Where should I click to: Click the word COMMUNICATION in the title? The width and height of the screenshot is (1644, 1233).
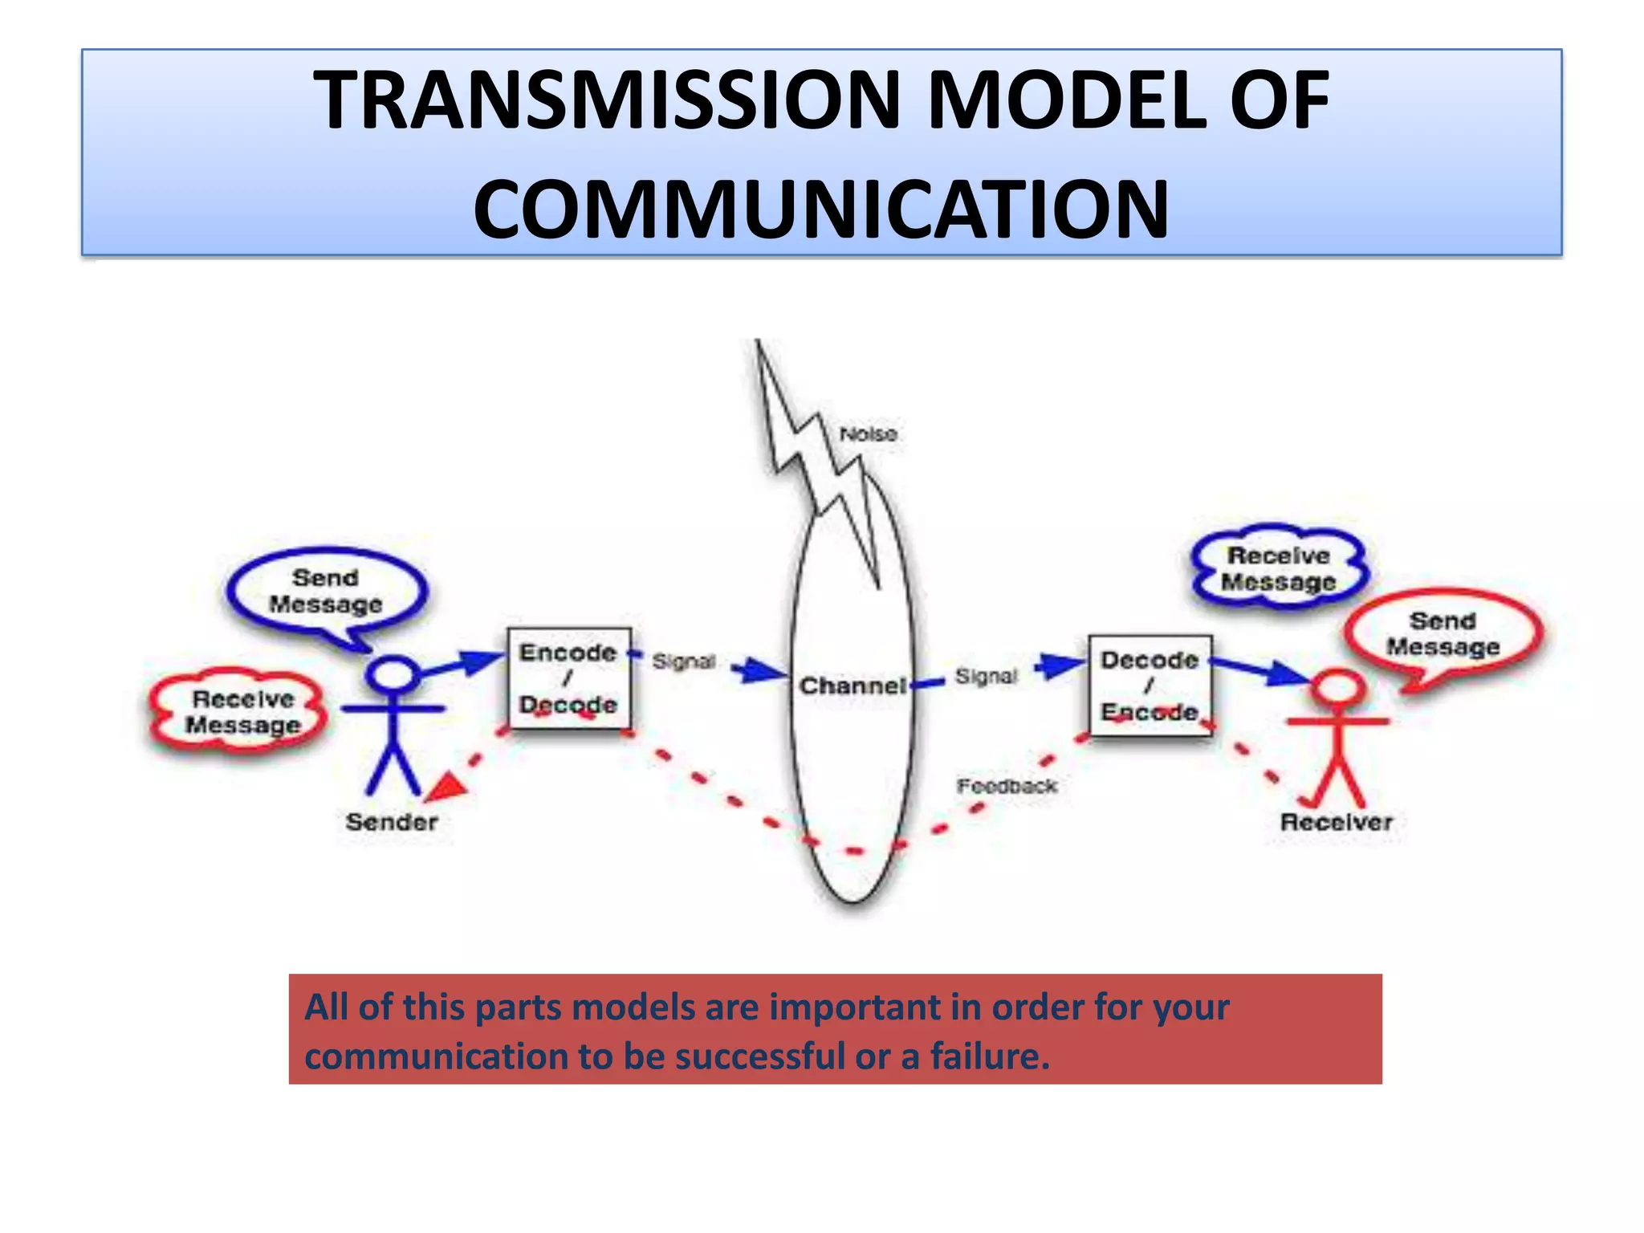click(x=820, y=210)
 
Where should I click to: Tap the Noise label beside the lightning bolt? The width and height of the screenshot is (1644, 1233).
click(x=868, y=434)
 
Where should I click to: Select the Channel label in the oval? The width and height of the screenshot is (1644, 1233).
click(x=853, y=686)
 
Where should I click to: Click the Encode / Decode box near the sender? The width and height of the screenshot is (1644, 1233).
click(x=568, y=678)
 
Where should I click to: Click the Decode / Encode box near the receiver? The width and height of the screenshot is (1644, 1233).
click(x=1150, y=686)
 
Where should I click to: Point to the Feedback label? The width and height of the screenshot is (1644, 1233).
click(x=1007, y=786)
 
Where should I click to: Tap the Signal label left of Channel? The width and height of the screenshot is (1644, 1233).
click(x=683, y=661)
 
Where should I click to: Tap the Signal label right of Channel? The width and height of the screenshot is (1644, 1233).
click(x=986, y=677)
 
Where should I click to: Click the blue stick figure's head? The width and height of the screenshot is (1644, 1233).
click(x=393, y=673)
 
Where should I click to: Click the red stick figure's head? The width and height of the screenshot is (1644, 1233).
click(x=1337, y=689)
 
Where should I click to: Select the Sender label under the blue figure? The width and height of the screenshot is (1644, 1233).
click(x=392, y=822)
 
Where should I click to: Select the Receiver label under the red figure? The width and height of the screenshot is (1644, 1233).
click(x=1336, y=822)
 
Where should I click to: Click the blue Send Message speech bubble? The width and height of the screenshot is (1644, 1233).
click(x=326, y=592)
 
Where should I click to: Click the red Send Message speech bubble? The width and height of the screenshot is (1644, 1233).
click(x=1443, y=634)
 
